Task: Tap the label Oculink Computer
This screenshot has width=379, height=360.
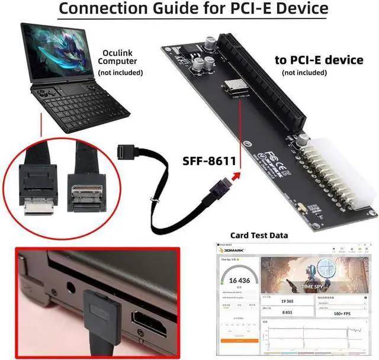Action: (120, 56)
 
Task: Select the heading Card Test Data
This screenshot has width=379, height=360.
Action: (259, 235)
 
